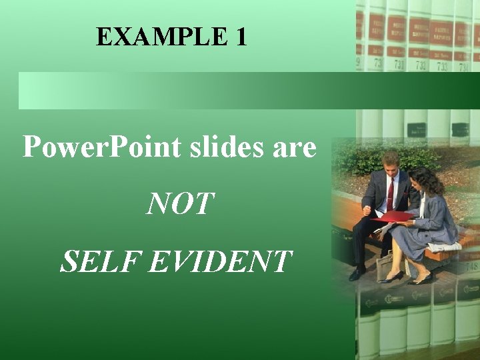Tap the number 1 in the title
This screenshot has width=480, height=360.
pyautogui.click(x=241, y=37)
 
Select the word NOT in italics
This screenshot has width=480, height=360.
pyautogui.click(x=181, y=205)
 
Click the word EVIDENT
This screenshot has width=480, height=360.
pyautogui.click(x=220, y=261)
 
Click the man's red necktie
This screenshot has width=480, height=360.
pyautogui.click(x=390, y=193)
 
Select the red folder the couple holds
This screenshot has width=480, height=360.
pyautogui.click(x=393, y=216)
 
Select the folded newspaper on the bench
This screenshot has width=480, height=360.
pyautogui.click(x=445, y=246)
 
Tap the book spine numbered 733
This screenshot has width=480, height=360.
pyautogui.click(x=441, y=65)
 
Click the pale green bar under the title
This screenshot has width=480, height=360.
pyautogui.click(x=187, y=91)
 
